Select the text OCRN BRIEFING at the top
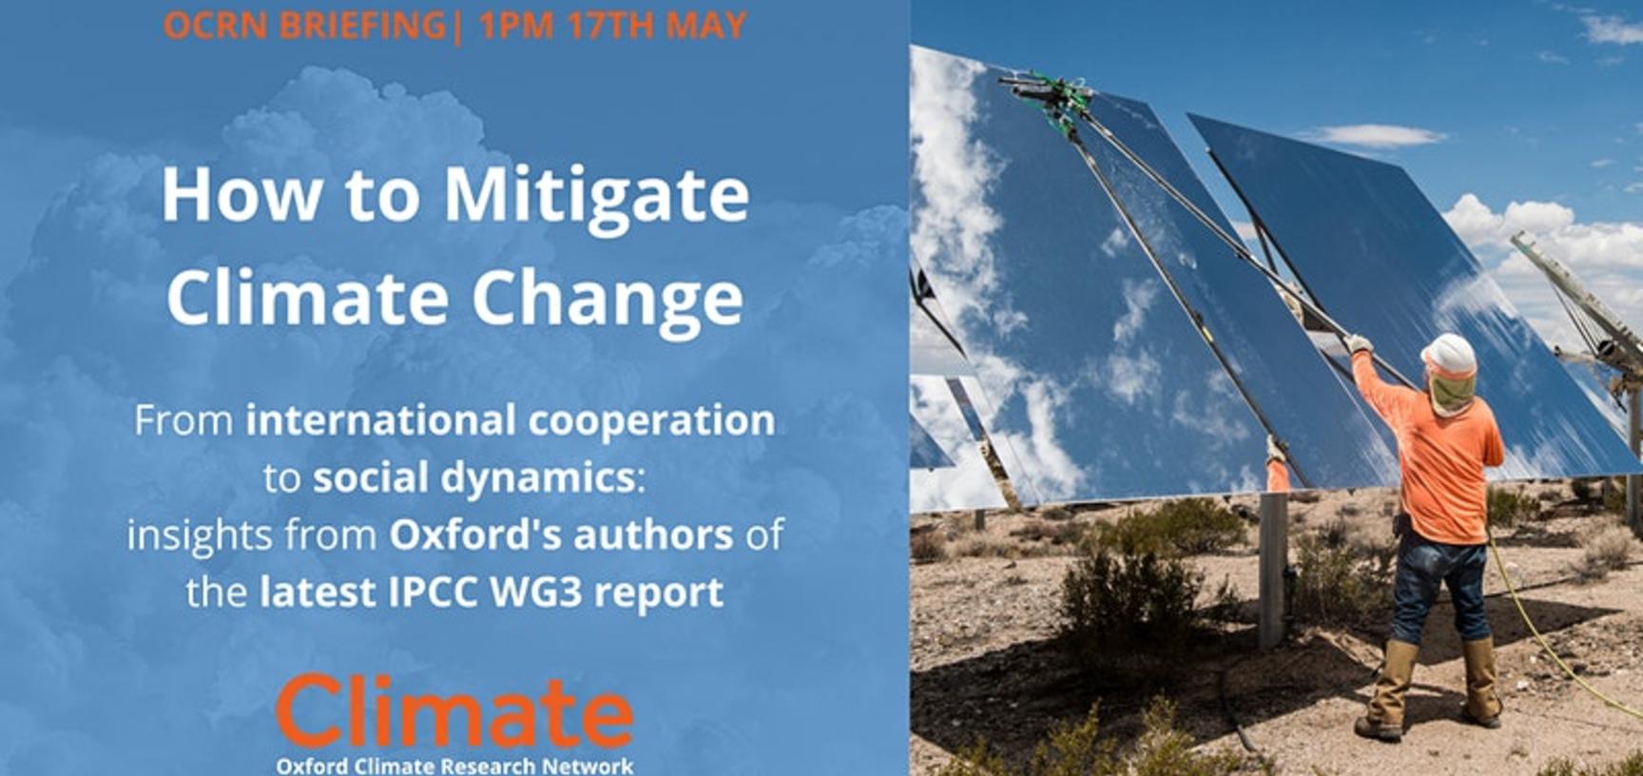pyautogui.click(x=304, y=26)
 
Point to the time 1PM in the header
pyautogui.click(x=516, y=26)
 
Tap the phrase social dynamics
pyautogui.click(x=474, y=478)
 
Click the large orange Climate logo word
pyautogui.click(x=454, y=712)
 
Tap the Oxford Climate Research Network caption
pyautogui.click(x=454, y=766)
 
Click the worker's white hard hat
pyautogui.click(x=1448, y=355)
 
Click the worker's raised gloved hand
pyautogui.click(x=1357, y=343)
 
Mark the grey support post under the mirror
pyautogui.click(x=1272, y=571)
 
